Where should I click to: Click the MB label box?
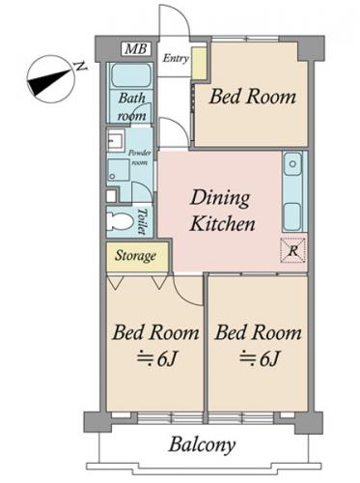(137, 49)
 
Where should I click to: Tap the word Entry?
(176, 58)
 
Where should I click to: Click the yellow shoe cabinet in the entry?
(199, 63)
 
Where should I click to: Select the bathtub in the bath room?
(131, 76)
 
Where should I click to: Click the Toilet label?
(143, 221)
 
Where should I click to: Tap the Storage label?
(136, 256)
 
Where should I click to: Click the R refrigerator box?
(292, 250)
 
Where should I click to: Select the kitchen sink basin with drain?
(292, 164)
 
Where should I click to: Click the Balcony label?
(203, 445)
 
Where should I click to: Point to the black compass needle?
(48, 82)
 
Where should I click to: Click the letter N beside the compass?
(81, 67)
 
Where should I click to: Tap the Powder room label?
(140, 157)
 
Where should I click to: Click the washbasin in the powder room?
(116, 141)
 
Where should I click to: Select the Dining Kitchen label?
(222, 211)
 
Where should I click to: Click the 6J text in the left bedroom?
(156, 358)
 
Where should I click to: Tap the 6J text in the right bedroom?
(259, 358)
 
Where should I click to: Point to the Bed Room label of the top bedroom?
(252, 97)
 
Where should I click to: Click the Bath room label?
(131, 106)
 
